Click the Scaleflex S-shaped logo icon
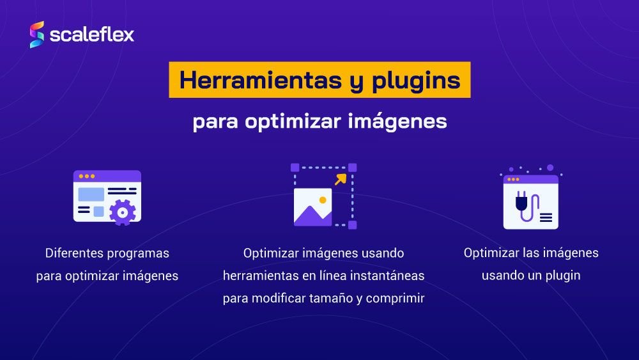tap(37, 35)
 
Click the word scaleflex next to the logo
tap(92, 35)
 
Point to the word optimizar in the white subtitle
tap(284, 121)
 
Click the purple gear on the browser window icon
tap(122, 211)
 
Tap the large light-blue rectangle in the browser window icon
tap(91, 193)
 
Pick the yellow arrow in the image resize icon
tap(341, 179)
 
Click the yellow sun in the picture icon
tap(323, 200)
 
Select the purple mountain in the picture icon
tap(312, 216)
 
